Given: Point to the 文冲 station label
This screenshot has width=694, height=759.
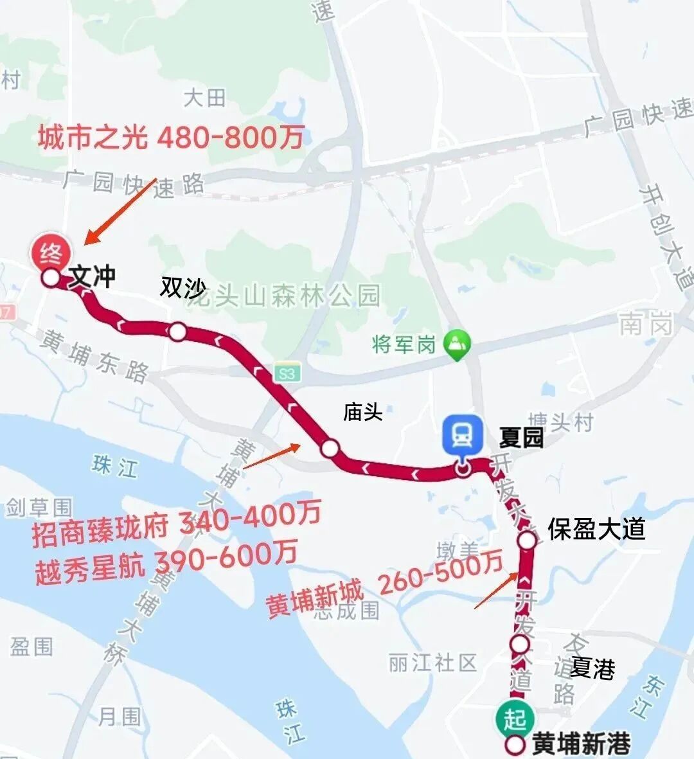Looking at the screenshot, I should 92,276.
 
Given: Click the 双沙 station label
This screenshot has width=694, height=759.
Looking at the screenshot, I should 182,289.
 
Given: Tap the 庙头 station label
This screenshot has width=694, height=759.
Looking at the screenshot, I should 362,412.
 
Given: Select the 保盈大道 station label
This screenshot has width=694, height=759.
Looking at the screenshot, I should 596,530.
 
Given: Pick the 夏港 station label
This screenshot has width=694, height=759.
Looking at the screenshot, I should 592,668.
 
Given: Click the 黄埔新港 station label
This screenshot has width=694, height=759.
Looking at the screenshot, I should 581,744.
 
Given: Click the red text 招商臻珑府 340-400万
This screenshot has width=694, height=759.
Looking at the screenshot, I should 177,524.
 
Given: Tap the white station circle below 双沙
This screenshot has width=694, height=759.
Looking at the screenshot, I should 178,332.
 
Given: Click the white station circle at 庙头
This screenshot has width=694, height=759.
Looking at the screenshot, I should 330,449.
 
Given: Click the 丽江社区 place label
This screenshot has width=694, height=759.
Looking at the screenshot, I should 432,662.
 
